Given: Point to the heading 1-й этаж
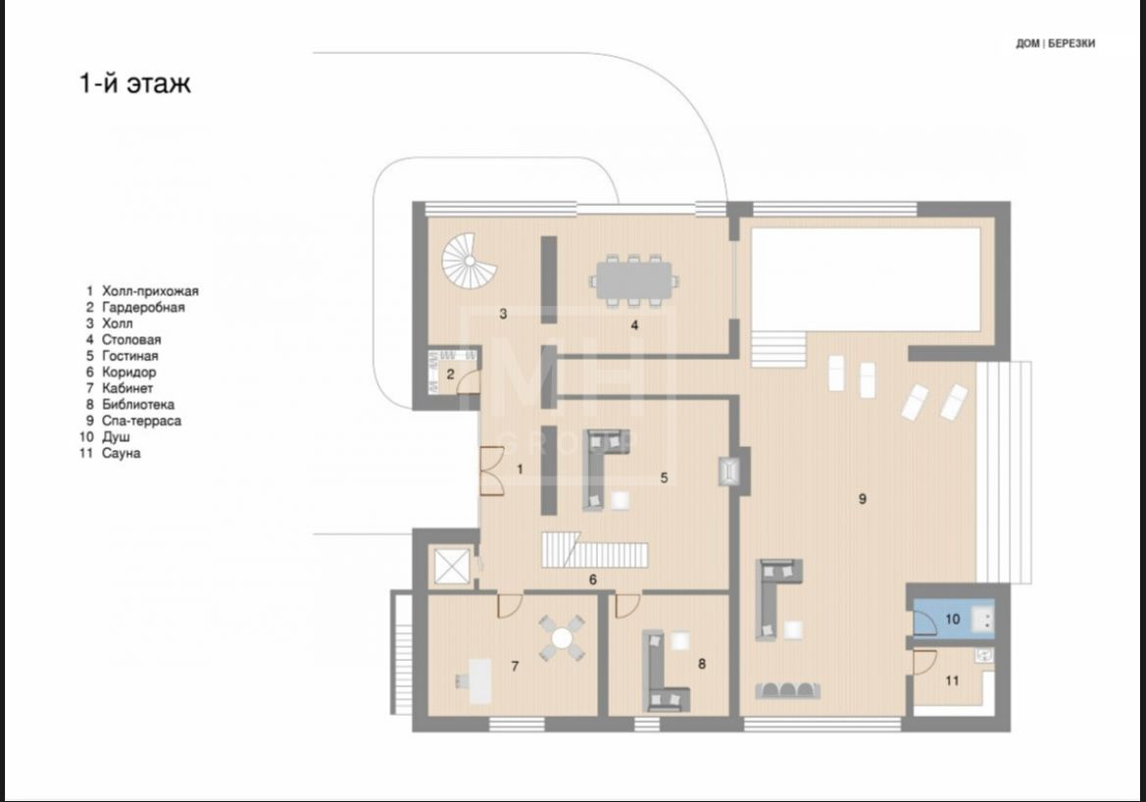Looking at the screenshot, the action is (134, 83).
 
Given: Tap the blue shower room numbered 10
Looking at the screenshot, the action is (952, 619).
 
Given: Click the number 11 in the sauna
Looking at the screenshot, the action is (952, 680).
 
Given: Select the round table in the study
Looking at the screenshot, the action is (562, 638).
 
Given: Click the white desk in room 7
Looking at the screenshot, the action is (479, 681).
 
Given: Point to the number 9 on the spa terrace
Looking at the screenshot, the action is (863, 499).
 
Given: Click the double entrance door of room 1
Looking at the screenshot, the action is (490, 471).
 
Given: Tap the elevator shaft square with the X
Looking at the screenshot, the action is (450, 566).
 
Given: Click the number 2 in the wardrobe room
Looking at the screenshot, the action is (451, 375).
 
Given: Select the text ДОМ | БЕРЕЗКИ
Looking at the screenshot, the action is (1056, 44).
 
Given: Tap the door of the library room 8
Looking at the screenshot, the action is (626, 605).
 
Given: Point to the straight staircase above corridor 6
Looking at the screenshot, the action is (594, 550).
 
